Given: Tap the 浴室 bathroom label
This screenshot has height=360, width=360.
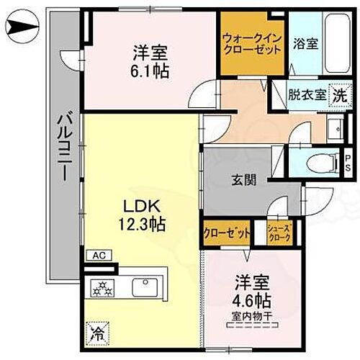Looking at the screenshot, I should point(305,43).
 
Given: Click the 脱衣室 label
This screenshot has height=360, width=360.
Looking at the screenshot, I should point(305,94).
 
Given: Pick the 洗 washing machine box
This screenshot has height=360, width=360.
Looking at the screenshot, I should point(339,94).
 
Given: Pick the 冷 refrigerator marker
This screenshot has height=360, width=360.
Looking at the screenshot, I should point(96,333).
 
